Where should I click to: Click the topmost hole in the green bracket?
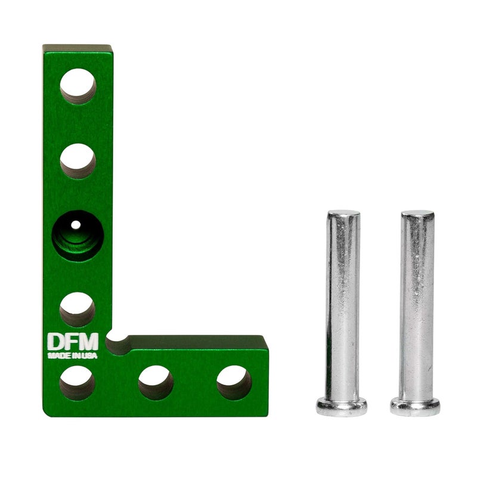click(78, 86)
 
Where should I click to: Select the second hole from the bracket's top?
click(78, 160)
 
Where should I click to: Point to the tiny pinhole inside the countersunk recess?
click(76, 225)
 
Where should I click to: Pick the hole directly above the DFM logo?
click(78, 309)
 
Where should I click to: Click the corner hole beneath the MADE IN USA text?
click(78, 382)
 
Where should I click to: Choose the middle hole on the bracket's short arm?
click(156, 382)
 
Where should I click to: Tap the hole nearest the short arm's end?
click(234, 382)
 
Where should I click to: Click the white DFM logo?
click(72, 342)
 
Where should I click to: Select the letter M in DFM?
click(89, 342)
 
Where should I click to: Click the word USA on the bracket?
click(91, 356)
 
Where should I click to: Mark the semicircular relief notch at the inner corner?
click(117, 342)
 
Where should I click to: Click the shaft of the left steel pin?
click(343, 304)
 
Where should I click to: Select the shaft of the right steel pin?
click(417, 304)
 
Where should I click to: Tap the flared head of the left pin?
click(342, 407)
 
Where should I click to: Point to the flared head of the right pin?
click(416, 407)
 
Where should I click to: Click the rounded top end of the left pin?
click(343, 214)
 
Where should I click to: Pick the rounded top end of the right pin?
click(417, 214)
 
